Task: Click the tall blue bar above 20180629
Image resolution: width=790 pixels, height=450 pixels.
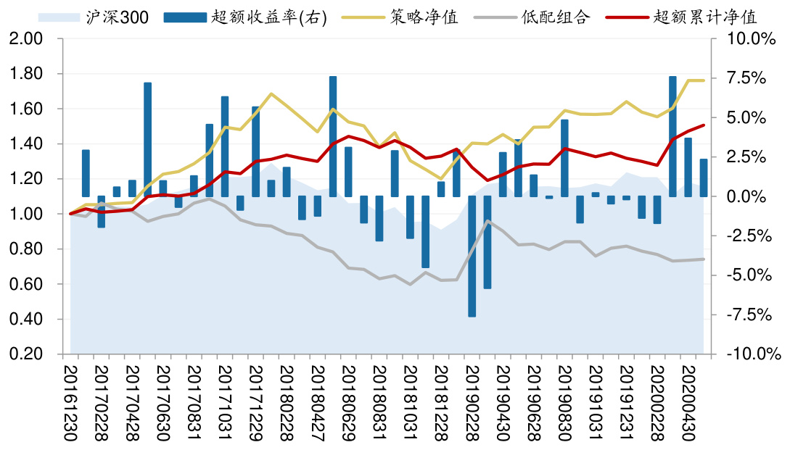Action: [x=333, y=136]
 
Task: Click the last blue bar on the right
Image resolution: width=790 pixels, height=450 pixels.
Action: [x=704, y=178]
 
